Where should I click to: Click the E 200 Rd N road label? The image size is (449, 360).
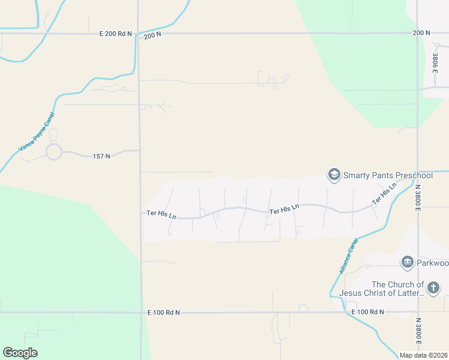(115, 34)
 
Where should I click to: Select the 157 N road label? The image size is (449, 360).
(101, 157)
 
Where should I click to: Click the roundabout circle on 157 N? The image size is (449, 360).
(54, 152)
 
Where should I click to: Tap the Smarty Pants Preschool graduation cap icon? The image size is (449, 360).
(333, 175)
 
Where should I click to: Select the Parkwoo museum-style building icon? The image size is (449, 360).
(407, 262)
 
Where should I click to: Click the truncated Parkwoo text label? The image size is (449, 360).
(433, 262)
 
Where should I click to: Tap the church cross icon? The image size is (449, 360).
(434, 289)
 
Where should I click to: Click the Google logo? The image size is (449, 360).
(20, 353)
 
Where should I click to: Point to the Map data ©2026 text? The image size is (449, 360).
(423, 355)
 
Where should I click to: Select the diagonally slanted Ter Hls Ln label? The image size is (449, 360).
(385, 194)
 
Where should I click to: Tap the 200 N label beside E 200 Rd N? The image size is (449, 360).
(153, 37)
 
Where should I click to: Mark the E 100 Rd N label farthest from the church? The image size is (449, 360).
(163, 313)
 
